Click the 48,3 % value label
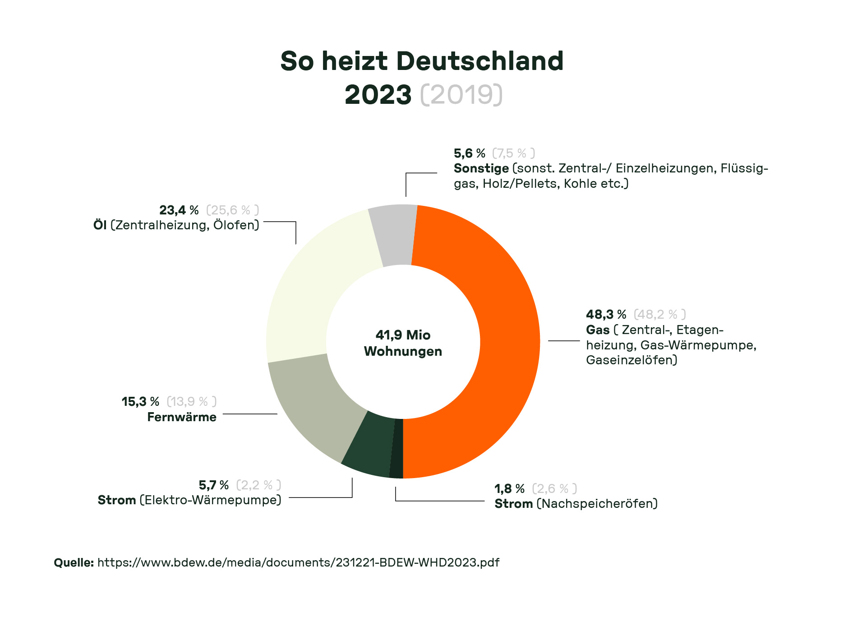point(606,314)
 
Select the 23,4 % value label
point(179,210)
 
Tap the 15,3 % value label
point(140,401)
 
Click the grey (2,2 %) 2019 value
point(258,485)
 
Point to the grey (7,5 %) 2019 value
point(513,153)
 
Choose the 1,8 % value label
point(509,488)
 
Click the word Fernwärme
point(182,417)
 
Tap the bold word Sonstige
point(481,168)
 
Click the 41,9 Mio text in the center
point(403,335)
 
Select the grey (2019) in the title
point(461,94)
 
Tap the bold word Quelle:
point(74,562)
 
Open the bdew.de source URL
point(298,562)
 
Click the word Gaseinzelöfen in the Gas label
point(631,360)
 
